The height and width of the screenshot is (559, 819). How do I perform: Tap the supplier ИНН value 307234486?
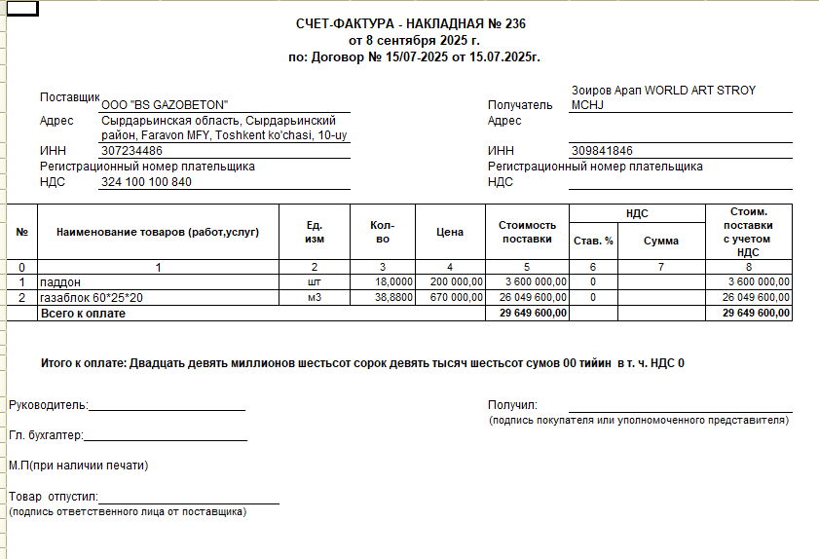pyautogui.click(x=131, y=151)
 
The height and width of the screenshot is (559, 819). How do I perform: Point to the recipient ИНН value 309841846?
pyautogui.click(x=603, y=151)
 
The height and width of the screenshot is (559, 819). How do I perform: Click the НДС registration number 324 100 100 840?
pyautogui.click(x=146, y=182)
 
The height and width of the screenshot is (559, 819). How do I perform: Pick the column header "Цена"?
pyautogui.click(x=450, y=233)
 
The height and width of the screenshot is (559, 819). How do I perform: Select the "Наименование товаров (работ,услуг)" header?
pyautogui.click(x=158, y=233)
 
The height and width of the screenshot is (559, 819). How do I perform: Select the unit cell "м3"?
pyautogui.click(x=314, y=297)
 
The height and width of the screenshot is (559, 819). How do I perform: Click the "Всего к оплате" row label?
pyautogui.click(x=83, y=314)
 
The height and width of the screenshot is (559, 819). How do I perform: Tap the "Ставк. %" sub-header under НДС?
pyautogui.click(x=593, y=241)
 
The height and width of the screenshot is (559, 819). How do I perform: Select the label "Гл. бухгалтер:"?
pyautogui.click(x=47, y=435)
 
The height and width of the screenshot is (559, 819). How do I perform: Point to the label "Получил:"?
pyautogui.click(x=512, y=405)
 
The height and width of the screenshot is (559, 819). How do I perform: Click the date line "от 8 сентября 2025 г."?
pyautogui.click(x=415, y=41)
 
